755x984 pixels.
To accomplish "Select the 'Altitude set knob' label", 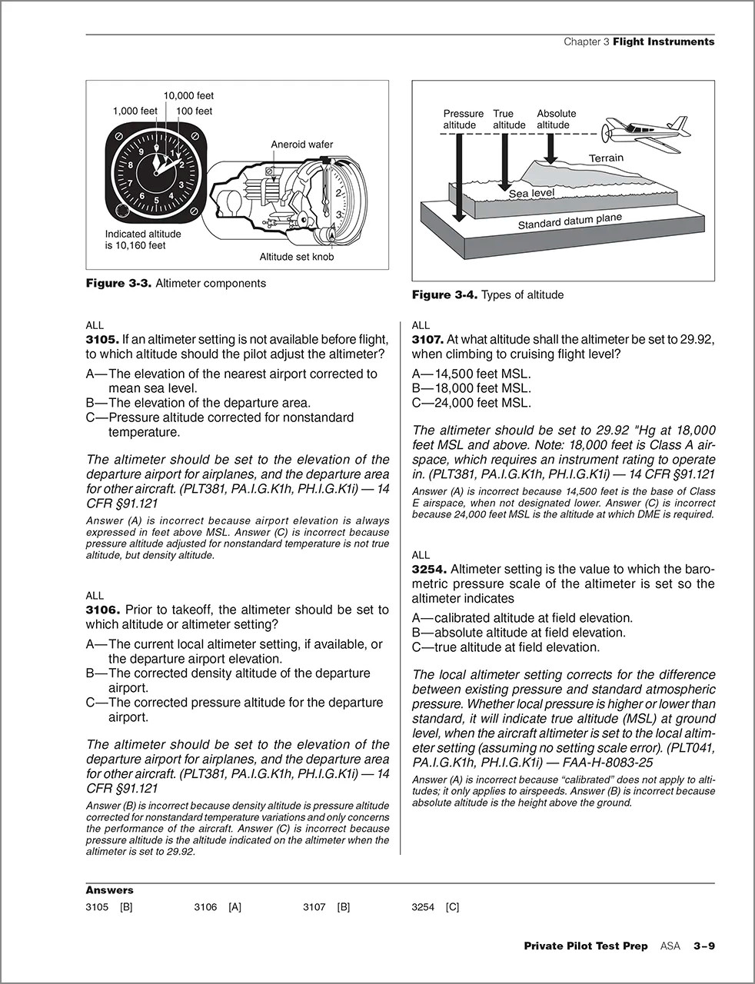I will (296, 257).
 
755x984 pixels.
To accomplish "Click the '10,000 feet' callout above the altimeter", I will (188, 96).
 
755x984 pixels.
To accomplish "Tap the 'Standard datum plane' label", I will (569, 222).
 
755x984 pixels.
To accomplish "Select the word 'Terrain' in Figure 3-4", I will (606, 158).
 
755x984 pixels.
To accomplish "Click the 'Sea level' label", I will (531, 194).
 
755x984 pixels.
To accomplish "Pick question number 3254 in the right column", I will (428, 569).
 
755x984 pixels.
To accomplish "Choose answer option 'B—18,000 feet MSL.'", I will (471, 388).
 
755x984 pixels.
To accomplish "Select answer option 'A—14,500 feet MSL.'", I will (471, 374).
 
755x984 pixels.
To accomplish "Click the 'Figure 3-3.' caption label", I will (118, 283).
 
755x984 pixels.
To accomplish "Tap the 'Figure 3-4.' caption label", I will (444, 294).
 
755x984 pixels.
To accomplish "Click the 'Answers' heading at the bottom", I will (109, 890).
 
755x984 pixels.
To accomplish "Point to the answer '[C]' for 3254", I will (452, 907).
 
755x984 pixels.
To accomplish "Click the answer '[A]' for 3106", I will (234, 907).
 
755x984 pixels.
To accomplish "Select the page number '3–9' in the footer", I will (703, 946).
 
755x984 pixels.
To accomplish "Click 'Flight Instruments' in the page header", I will (664, 42).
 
